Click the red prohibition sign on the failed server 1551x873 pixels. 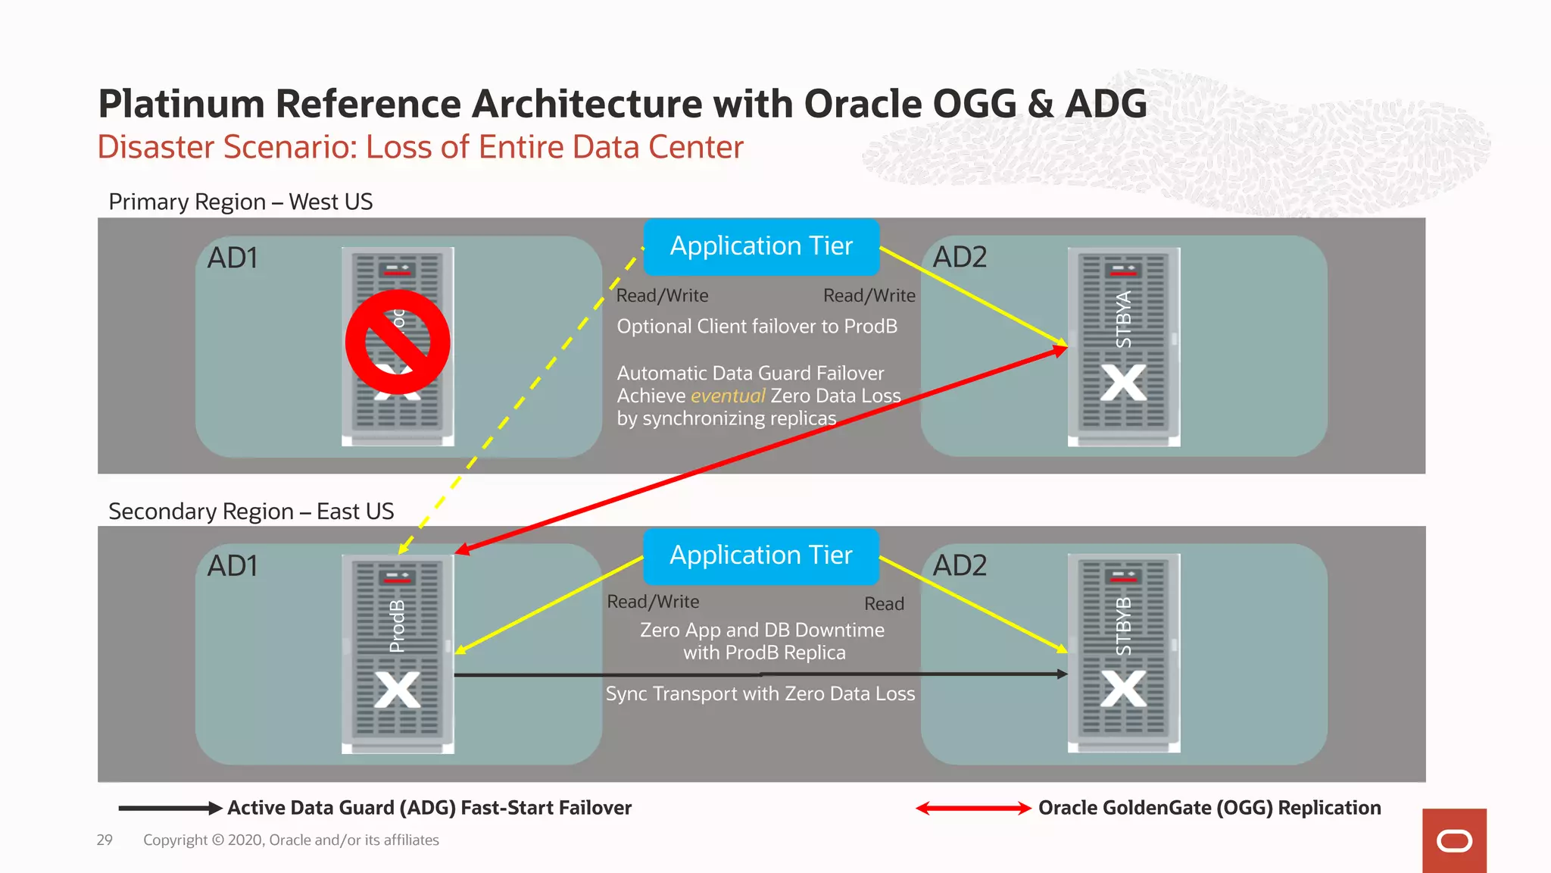click(398, 342)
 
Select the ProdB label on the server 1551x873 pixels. click(397, 626)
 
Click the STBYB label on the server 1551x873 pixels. click(1124, 627)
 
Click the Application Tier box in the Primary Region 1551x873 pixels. click(761, 246)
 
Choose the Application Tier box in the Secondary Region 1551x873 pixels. click(761, 555)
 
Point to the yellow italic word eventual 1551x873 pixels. click(728, 396)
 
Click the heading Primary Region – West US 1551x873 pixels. click(241, 202)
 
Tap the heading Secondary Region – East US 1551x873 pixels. click(251, 512)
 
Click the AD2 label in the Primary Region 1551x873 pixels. click(960, 258)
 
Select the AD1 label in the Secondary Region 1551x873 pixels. click(232, 566)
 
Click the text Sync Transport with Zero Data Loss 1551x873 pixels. click(760, 693)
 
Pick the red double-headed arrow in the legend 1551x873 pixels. click(973, 808)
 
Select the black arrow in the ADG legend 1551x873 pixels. click(170, 808)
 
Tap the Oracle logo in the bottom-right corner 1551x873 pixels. click(1454, 841)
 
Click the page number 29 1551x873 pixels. click(105, 840)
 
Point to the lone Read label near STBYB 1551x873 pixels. click(884, 604)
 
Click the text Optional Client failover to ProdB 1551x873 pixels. click(757, 327)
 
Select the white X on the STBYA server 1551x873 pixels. click(1124, 383)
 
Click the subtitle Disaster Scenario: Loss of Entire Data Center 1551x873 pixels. click(420, 147)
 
